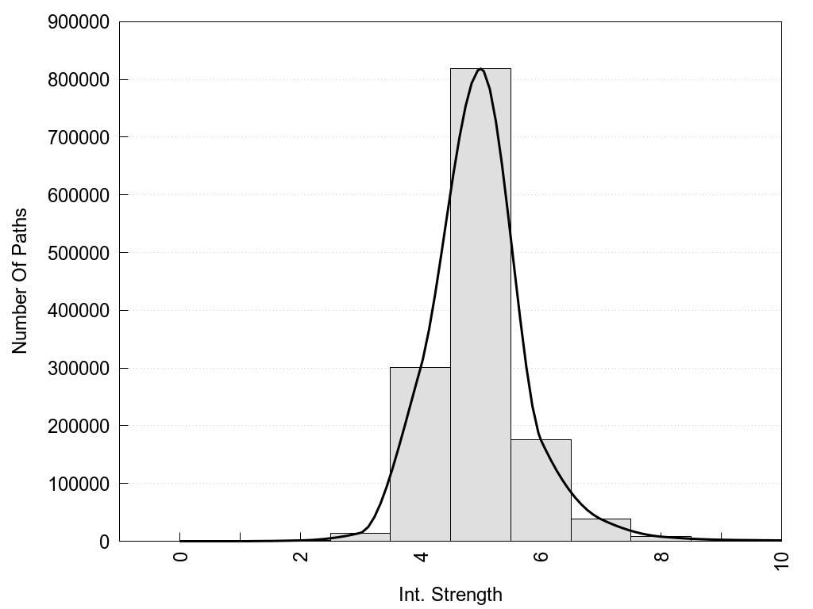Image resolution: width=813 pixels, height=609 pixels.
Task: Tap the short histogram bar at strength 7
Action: (601, 530)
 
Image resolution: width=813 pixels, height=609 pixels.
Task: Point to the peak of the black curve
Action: (480, 69)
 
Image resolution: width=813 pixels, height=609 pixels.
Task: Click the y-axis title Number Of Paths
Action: (20, 281)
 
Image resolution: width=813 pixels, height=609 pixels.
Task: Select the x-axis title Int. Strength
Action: (450, 594)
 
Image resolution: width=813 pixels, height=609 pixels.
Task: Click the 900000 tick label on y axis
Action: (77, 22)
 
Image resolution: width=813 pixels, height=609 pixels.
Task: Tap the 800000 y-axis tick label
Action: (77, 80)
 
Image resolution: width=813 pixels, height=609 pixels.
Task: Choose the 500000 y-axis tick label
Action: (77, 253)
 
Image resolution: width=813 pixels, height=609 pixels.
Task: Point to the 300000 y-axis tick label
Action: (77, 369)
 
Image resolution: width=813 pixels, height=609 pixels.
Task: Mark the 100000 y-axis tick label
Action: (77, 484)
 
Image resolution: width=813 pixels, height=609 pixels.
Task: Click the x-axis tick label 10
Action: (781, 561)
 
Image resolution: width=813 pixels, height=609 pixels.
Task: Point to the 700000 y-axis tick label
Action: (77, 138)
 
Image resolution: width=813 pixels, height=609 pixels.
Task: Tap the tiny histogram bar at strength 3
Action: (360, 537)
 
